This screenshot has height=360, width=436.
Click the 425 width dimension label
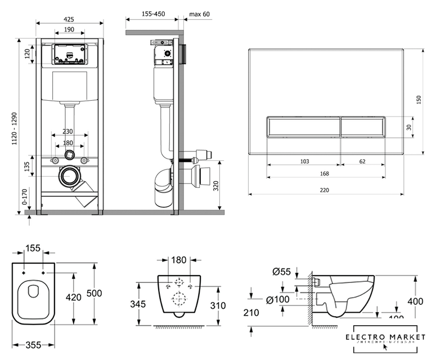coord(69,19)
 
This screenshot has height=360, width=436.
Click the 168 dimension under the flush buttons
coord(324,174)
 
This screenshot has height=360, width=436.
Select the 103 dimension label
coord(304,161)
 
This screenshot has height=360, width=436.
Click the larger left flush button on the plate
coord(303,127)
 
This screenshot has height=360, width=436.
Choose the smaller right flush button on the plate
coord(363,127)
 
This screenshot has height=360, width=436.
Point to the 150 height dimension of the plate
coord(419,99)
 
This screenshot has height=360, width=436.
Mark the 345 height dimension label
coord(138,304)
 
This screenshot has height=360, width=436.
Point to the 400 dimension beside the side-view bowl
coord(415,301)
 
